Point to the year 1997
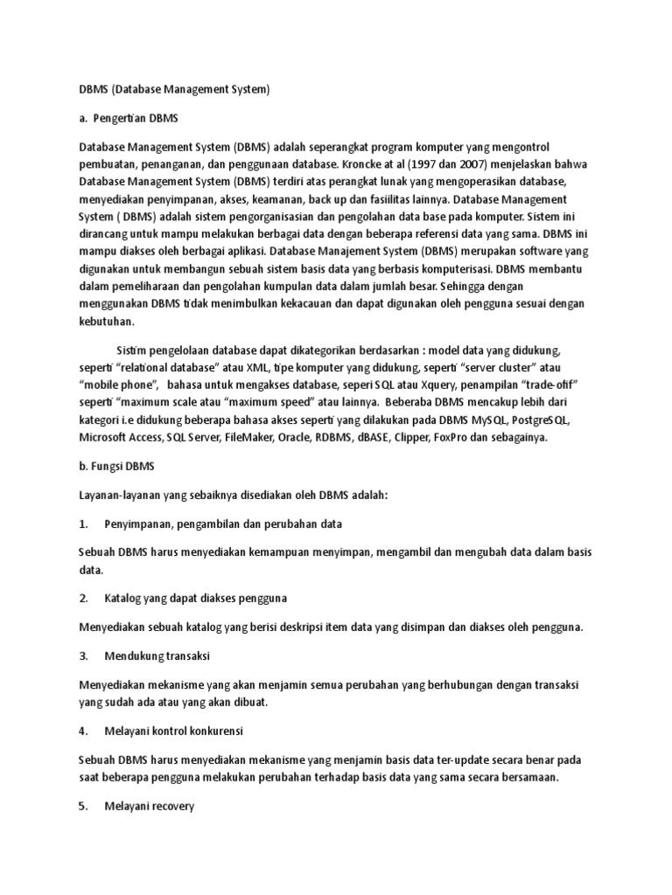(x=508, y=163)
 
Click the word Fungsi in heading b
(x=114, y=467)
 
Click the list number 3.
(x=83, y=655)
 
